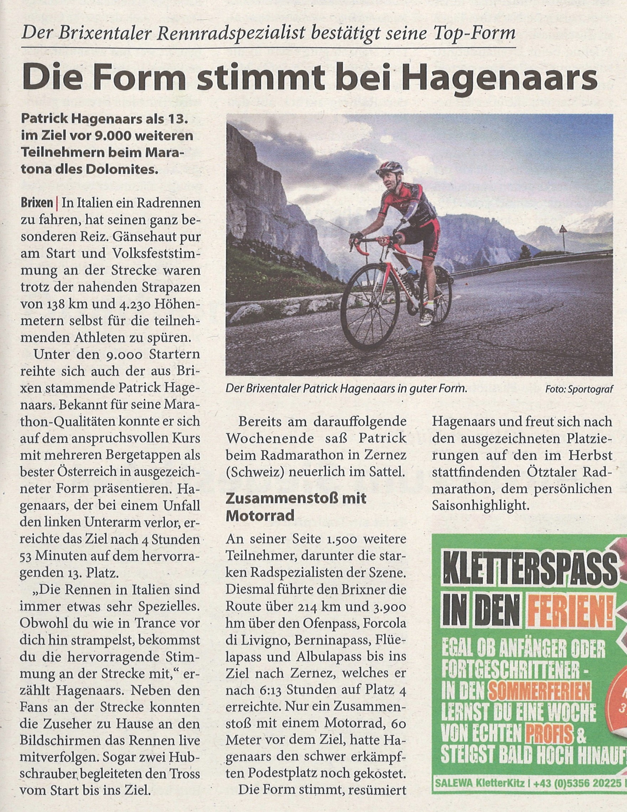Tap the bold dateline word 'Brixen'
[36, 204]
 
